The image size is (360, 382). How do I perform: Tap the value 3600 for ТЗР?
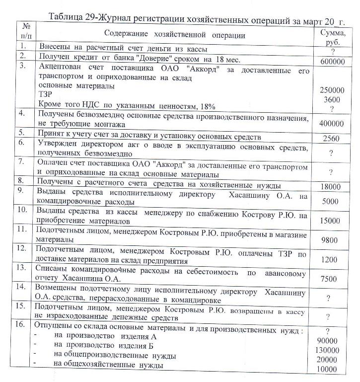pos(332,99)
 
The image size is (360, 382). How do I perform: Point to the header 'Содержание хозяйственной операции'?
pos(175,35)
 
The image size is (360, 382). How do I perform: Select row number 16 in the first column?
pos(22,325)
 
